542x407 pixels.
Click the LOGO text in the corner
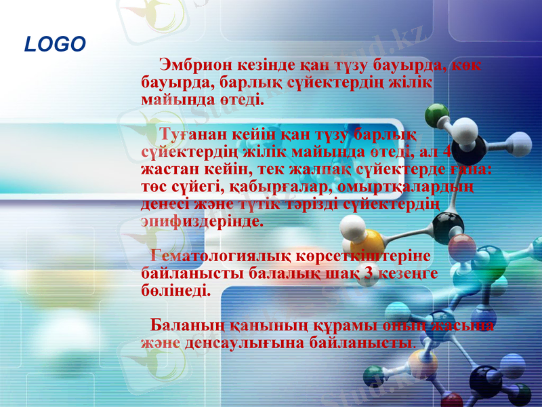tap(55, 45)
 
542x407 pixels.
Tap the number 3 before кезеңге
tap(368, 274)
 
